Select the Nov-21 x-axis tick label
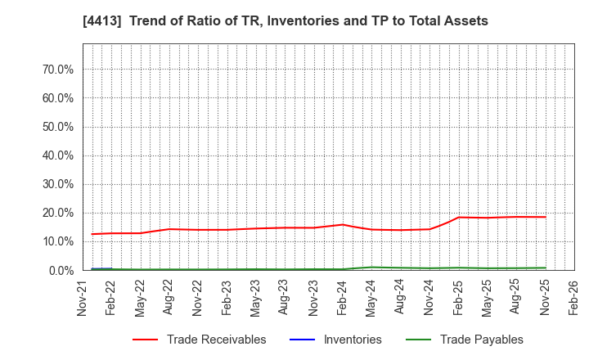(x=83, y=297)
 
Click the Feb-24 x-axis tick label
(x=343, y=297)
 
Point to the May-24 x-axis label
(x=371, y=297)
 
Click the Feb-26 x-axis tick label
(x=574, y=297)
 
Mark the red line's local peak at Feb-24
(x=343, y=224)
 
